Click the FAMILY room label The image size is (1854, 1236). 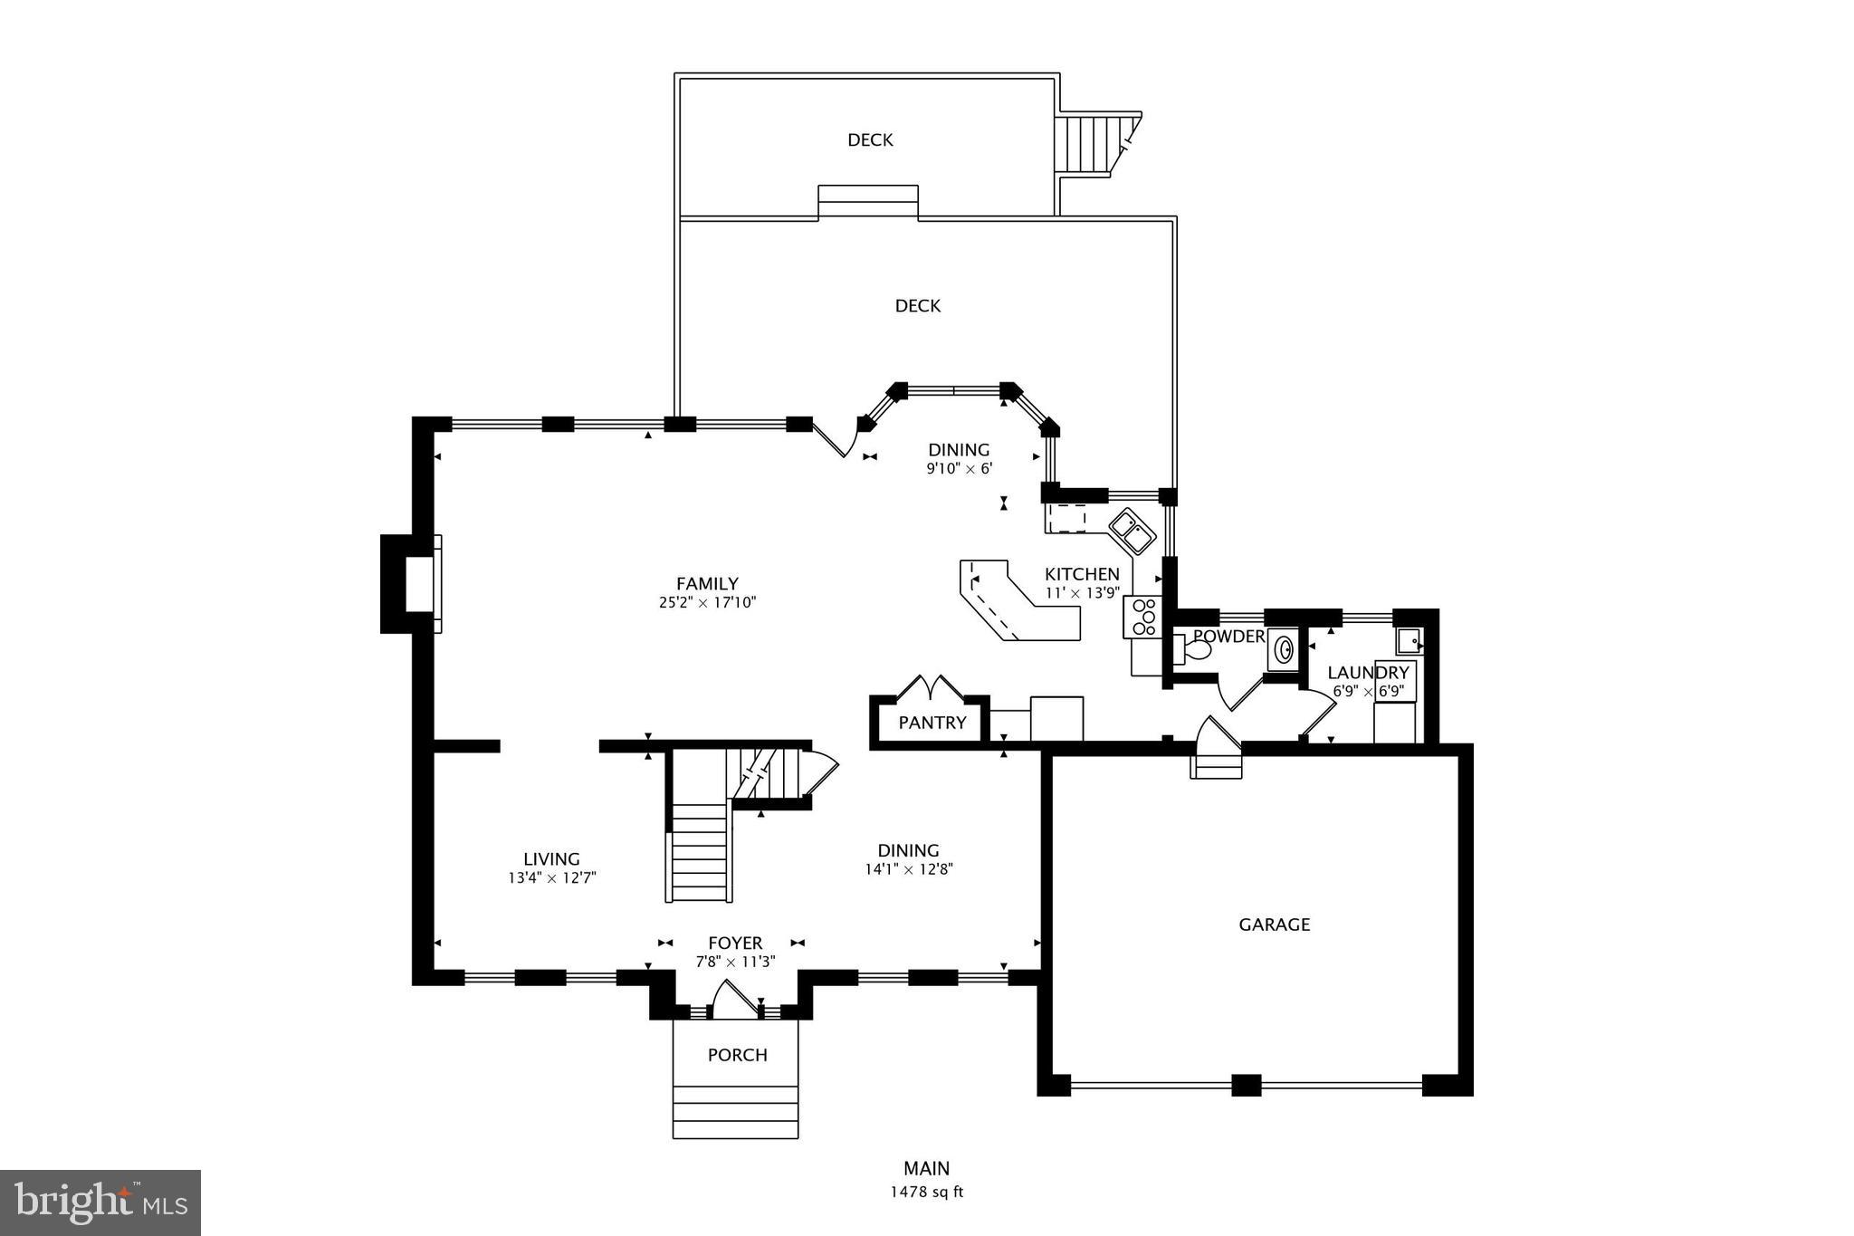tap(707, 584)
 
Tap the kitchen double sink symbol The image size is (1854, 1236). tap(1132, 532)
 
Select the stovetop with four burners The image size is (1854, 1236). tap(1143, 617)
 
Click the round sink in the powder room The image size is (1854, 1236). tap(1283, 649)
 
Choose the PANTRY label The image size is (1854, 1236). tap(932, 723)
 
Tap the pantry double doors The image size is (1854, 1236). tap(931, 687)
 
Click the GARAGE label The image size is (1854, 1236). tap(1274, 925)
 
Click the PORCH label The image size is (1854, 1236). tap(737, 1055)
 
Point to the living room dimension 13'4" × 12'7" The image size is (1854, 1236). tap(551, 877)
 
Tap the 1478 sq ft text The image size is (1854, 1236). tap(926, 1192)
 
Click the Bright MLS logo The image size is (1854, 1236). tap(100, 1202)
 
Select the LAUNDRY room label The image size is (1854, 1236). tap(1368, 673)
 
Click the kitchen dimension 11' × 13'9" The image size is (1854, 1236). tap(1082, 593)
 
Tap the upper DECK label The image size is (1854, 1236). tap(870, 139)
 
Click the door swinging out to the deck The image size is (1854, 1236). tap(835, 440)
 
